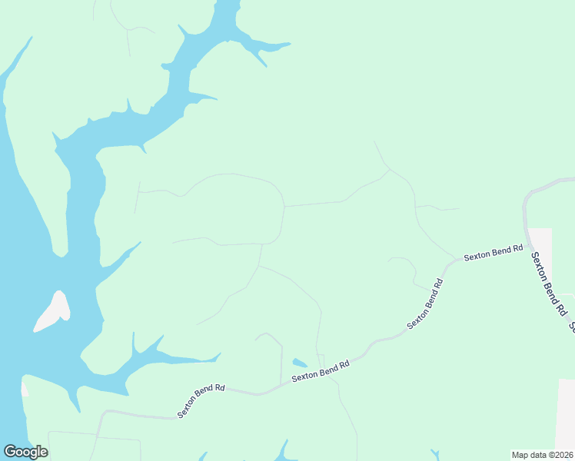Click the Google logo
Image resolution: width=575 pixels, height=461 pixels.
tap(25, 452)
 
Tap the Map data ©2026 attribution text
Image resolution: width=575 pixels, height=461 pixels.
tap(543, 454)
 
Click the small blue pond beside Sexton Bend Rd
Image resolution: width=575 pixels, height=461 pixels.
tap(300, 363)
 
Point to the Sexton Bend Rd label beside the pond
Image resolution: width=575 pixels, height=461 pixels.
tap(321, 370)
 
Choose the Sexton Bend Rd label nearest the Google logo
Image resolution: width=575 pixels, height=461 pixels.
tap(201, 400)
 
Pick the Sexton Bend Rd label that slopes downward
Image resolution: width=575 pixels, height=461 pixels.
tap(549, 284)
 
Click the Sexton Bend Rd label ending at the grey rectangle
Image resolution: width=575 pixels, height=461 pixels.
tap(493, 252)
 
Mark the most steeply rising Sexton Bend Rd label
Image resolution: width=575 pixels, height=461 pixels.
tap(426, 303)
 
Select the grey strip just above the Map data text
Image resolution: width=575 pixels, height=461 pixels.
tap(565, 415)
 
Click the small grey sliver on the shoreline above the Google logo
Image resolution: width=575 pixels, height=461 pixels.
tap(24, 388)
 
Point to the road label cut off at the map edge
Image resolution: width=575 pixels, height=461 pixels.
tap(572, 327)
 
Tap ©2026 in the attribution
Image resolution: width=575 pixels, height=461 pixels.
tap(560, 454)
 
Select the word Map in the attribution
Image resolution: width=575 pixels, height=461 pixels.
tap(520, 454)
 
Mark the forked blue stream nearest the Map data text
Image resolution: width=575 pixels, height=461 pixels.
tap(435, 454)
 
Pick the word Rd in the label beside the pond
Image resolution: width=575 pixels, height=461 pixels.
tap(344, 363)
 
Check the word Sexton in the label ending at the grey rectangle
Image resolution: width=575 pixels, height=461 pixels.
tap(478, 255)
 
